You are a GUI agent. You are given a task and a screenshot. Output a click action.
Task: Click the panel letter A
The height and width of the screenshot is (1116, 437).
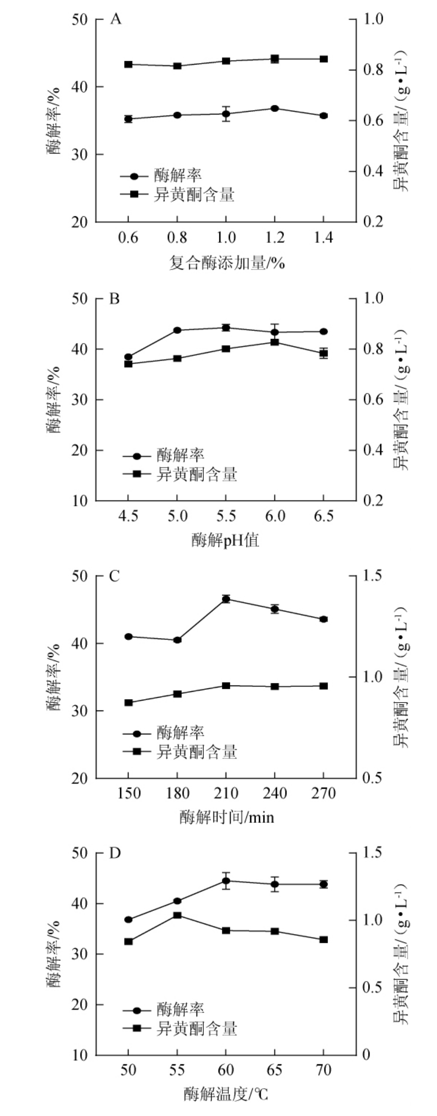click(x=115, y=20)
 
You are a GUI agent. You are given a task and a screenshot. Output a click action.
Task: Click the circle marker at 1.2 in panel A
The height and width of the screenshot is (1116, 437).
click(x=275, y=108)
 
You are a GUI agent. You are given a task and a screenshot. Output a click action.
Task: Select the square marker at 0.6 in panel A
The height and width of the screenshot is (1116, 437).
click(x=128, y=65)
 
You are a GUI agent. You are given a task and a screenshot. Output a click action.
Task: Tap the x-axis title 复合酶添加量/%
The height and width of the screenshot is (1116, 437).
click(x=227, y=263)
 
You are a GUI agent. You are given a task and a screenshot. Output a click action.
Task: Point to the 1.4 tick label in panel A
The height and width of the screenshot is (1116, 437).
click(x=323, y=238)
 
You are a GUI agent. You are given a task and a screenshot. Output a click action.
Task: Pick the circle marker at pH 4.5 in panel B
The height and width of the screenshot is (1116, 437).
click(x=128, y=357)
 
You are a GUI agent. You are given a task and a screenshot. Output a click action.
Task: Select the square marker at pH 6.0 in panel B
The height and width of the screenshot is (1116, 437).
click(x=275, y=342)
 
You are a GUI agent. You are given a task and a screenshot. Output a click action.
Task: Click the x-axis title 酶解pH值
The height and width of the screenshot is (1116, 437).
click(x=225, y=541)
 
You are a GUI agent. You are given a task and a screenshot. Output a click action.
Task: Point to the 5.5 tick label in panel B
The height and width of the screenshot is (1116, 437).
click(x=226, y=517)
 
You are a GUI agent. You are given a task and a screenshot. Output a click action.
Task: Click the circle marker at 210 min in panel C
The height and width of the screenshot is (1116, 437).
click(x=226, y=599)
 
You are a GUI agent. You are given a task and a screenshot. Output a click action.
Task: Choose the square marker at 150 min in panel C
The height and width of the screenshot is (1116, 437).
click(x=128, y=703)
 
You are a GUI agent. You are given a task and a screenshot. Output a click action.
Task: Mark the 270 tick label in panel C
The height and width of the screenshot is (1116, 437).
click(x=323, y=794)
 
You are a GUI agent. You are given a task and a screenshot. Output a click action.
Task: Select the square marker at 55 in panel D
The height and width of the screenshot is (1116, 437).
click(x=177, y=915)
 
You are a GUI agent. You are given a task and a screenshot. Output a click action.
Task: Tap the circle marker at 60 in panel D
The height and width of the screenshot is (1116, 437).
click(x=226, y=881)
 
